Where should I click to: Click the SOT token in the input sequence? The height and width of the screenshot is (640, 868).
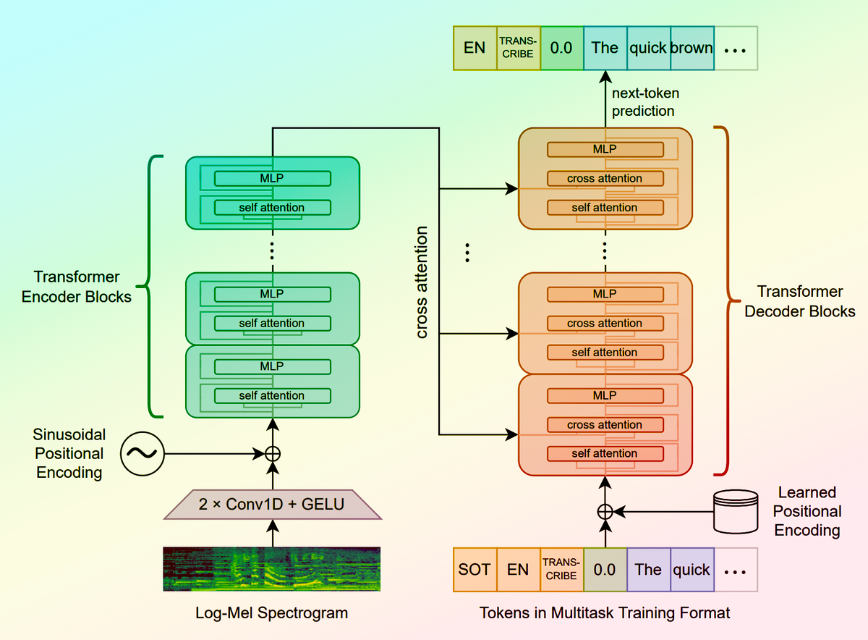pyautogui.click(x=475, y=569)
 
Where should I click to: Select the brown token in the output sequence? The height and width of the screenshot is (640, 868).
pyautogui.click(x=692, y=49)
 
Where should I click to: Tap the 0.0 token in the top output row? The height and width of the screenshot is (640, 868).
pyautogui.click(x=561, y=49)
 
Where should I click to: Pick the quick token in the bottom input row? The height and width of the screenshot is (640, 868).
pyautogui.click(x=692, y=569)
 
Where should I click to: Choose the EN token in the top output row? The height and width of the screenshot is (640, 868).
pyautogui.click(x=475, y=49)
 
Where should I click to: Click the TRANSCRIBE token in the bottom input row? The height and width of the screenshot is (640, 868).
pyautogui.click(x=561, y=569)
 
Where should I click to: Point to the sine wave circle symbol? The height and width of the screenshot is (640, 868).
pyautogui.click(x=142, y=454)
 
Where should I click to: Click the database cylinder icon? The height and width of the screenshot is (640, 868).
pyautogui.click(x=735, y=510)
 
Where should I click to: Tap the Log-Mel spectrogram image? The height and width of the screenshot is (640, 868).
pyautogui.click(x=272, y=570)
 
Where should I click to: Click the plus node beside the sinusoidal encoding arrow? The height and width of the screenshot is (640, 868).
pyautogui.click(x=273, y=454)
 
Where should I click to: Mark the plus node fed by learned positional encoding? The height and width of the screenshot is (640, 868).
pyautogui.click(x=605, y=511)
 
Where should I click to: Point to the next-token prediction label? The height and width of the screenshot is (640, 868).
pyautogui.click(x=645, y=102)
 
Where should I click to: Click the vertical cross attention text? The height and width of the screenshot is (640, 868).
pyautogui.click(x=422, y=282)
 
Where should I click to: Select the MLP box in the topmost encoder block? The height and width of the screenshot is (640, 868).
pyautogui.click(x=272, y=178)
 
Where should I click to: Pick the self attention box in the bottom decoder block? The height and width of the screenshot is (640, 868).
pyautogui.click(x=605, y=454)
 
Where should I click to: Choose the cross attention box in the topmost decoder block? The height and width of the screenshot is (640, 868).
pyautogui.click(x=605, y=178)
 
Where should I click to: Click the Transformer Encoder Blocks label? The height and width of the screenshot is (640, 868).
pyautogui.click(x=77, y=287)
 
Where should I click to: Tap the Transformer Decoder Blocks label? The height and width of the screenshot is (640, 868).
pyautogui.click(x=800, y=301)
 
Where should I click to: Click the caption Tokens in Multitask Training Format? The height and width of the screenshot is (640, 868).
pyautogui.click(x=605, y=613)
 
